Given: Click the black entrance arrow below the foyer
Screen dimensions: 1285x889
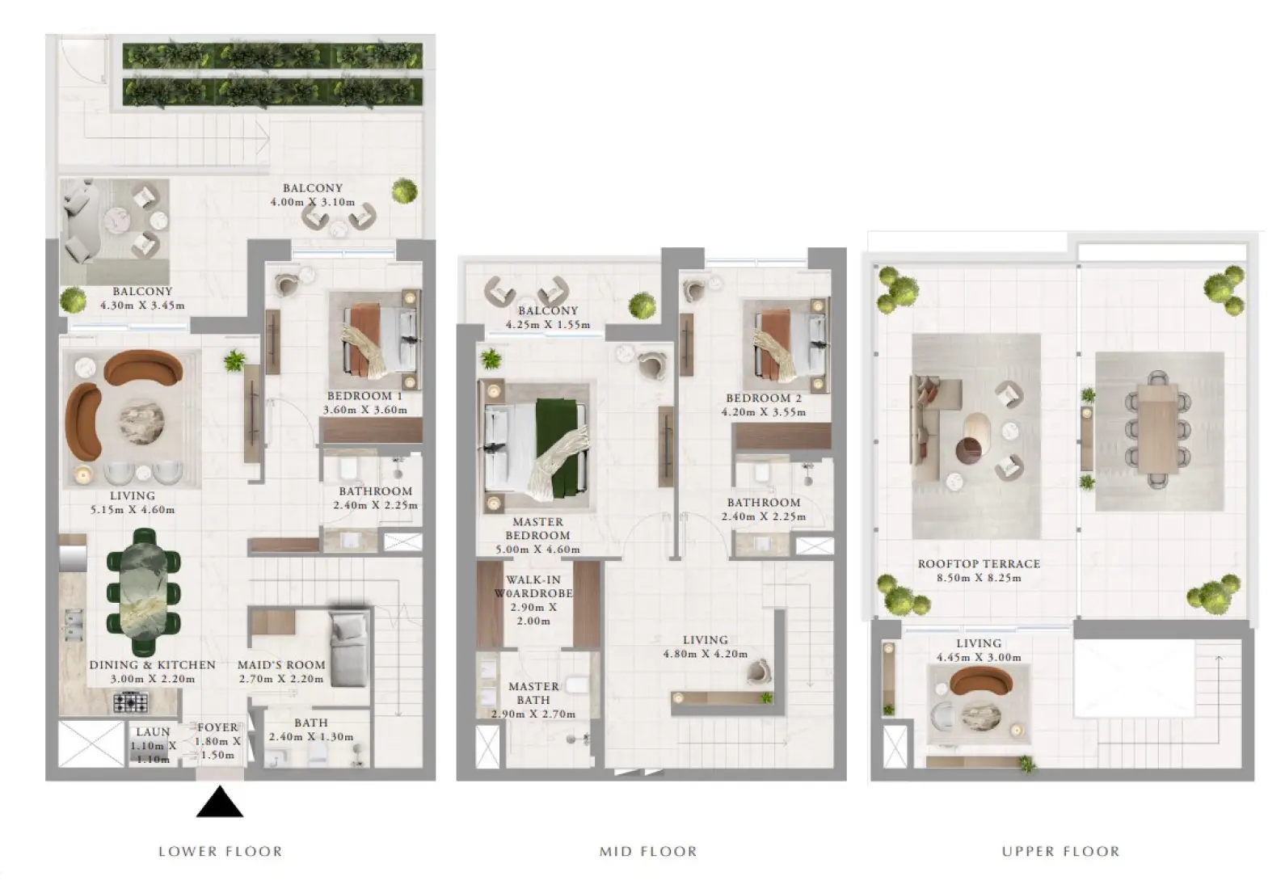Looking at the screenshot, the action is tap(220, 802).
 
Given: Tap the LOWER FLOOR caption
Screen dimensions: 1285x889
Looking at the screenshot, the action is tap(221, 852).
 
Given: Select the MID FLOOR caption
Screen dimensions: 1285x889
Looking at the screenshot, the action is tap(648, 852).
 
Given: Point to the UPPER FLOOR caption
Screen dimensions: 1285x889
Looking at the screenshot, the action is tap(1060, 852).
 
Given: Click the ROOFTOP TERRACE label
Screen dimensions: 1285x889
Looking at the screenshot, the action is tap(979, 564).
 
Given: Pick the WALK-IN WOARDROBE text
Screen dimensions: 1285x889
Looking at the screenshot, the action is tap(533, 586).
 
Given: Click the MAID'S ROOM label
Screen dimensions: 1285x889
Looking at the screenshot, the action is tap(281, 665).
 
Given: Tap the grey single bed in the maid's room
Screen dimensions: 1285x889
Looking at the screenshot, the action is tap(349, 648).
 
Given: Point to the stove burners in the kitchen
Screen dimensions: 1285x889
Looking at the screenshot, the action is tap(131, 702).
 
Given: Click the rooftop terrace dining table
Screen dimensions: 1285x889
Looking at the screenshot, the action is tap(1157, 429).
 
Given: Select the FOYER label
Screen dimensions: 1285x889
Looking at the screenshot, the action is tap(217, 727).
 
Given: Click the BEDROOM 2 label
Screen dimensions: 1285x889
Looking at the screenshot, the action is tap(764, 398).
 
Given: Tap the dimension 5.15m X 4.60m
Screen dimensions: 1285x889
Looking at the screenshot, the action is tap(133, 509).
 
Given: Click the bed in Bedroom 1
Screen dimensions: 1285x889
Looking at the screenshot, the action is tap(381, 341).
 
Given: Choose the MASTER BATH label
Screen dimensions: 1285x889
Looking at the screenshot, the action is tap(533, 693).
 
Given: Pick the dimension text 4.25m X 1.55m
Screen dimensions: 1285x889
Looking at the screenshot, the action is tap(548, 325).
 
